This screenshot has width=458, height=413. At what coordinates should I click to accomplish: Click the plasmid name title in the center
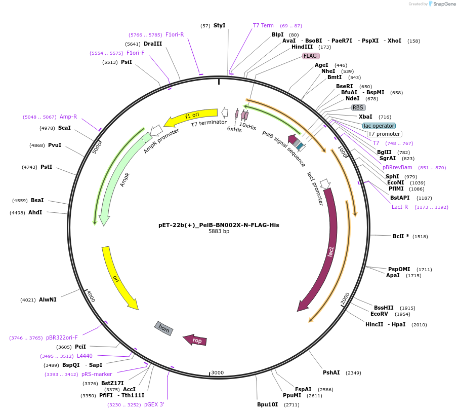coord(219,225)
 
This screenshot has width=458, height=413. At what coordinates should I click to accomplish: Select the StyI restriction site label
coord(219,25)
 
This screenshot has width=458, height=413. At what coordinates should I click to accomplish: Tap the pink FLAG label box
coord(310,56)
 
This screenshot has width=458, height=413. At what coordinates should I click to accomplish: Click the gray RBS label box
coord(358,107)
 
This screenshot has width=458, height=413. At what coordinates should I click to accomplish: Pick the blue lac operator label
coord(379,126)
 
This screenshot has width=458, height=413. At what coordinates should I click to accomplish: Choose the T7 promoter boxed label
coord(384,134)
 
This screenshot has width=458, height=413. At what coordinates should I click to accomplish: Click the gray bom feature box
coord(164,328)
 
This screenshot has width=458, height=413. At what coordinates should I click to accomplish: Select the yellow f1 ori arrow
coord(190,117)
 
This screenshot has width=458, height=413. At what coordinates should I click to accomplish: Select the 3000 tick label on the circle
coord(217,372)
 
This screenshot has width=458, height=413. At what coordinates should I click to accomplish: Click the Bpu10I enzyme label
coord(267,404)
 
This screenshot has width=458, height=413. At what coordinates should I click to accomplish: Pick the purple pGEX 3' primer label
coord(154,404)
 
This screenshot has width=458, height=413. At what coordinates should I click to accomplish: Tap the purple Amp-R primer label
coord(68,117)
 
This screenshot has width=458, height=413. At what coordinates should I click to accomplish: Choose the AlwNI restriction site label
coord(48,299)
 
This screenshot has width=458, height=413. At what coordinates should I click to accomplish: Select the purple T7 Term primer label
coord(263,25)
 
